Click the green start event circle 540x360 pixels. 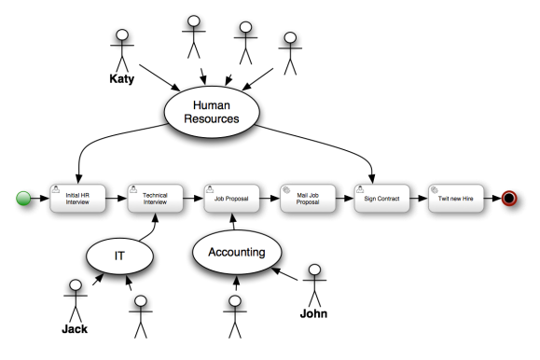point(23,199)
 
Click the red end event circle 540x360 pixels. point(509,199)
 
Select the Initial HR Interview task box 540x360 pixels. point(79,199)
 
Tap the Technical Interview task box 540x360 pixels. point(155,199)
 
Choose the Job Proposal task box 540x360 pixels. point(230,199)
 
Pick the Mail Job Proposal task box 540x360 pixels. point(307,199)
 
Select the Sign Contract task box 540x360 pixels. point(382,199)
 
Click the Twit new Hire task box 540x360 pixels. point(458,199)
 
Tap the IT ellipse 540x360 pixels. point(120,255)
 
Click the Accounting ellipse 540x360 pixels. point(237,252)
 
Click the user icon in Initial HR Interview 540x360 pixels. point(58,187)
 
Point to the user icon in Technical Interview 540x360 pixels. point(133,187)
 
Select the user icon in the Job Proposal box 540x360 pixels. point(209,187)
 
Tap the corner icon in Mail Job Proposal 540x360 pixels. point(285,187)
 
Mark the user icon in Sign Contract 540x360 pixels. point(361,187)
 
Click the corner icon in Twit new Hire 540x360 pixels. point(436,187)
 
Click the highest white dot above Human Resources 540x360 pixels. point(194,20)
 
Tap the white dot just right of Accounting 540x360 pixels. point(314,270)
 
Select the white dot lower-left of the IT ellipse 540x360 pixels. point(76,284)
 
